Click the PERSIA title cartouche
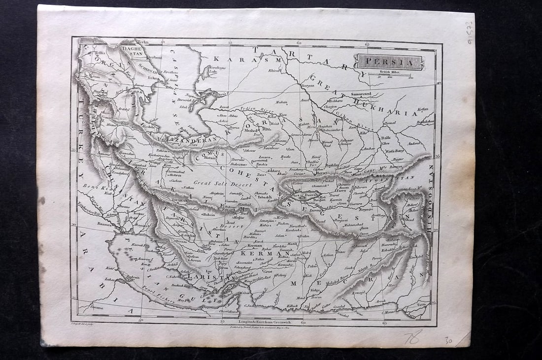point(389,62)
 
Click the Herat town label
point(321,172)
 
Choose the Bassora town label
point(104,223)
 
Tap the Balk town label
point(385,138)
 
